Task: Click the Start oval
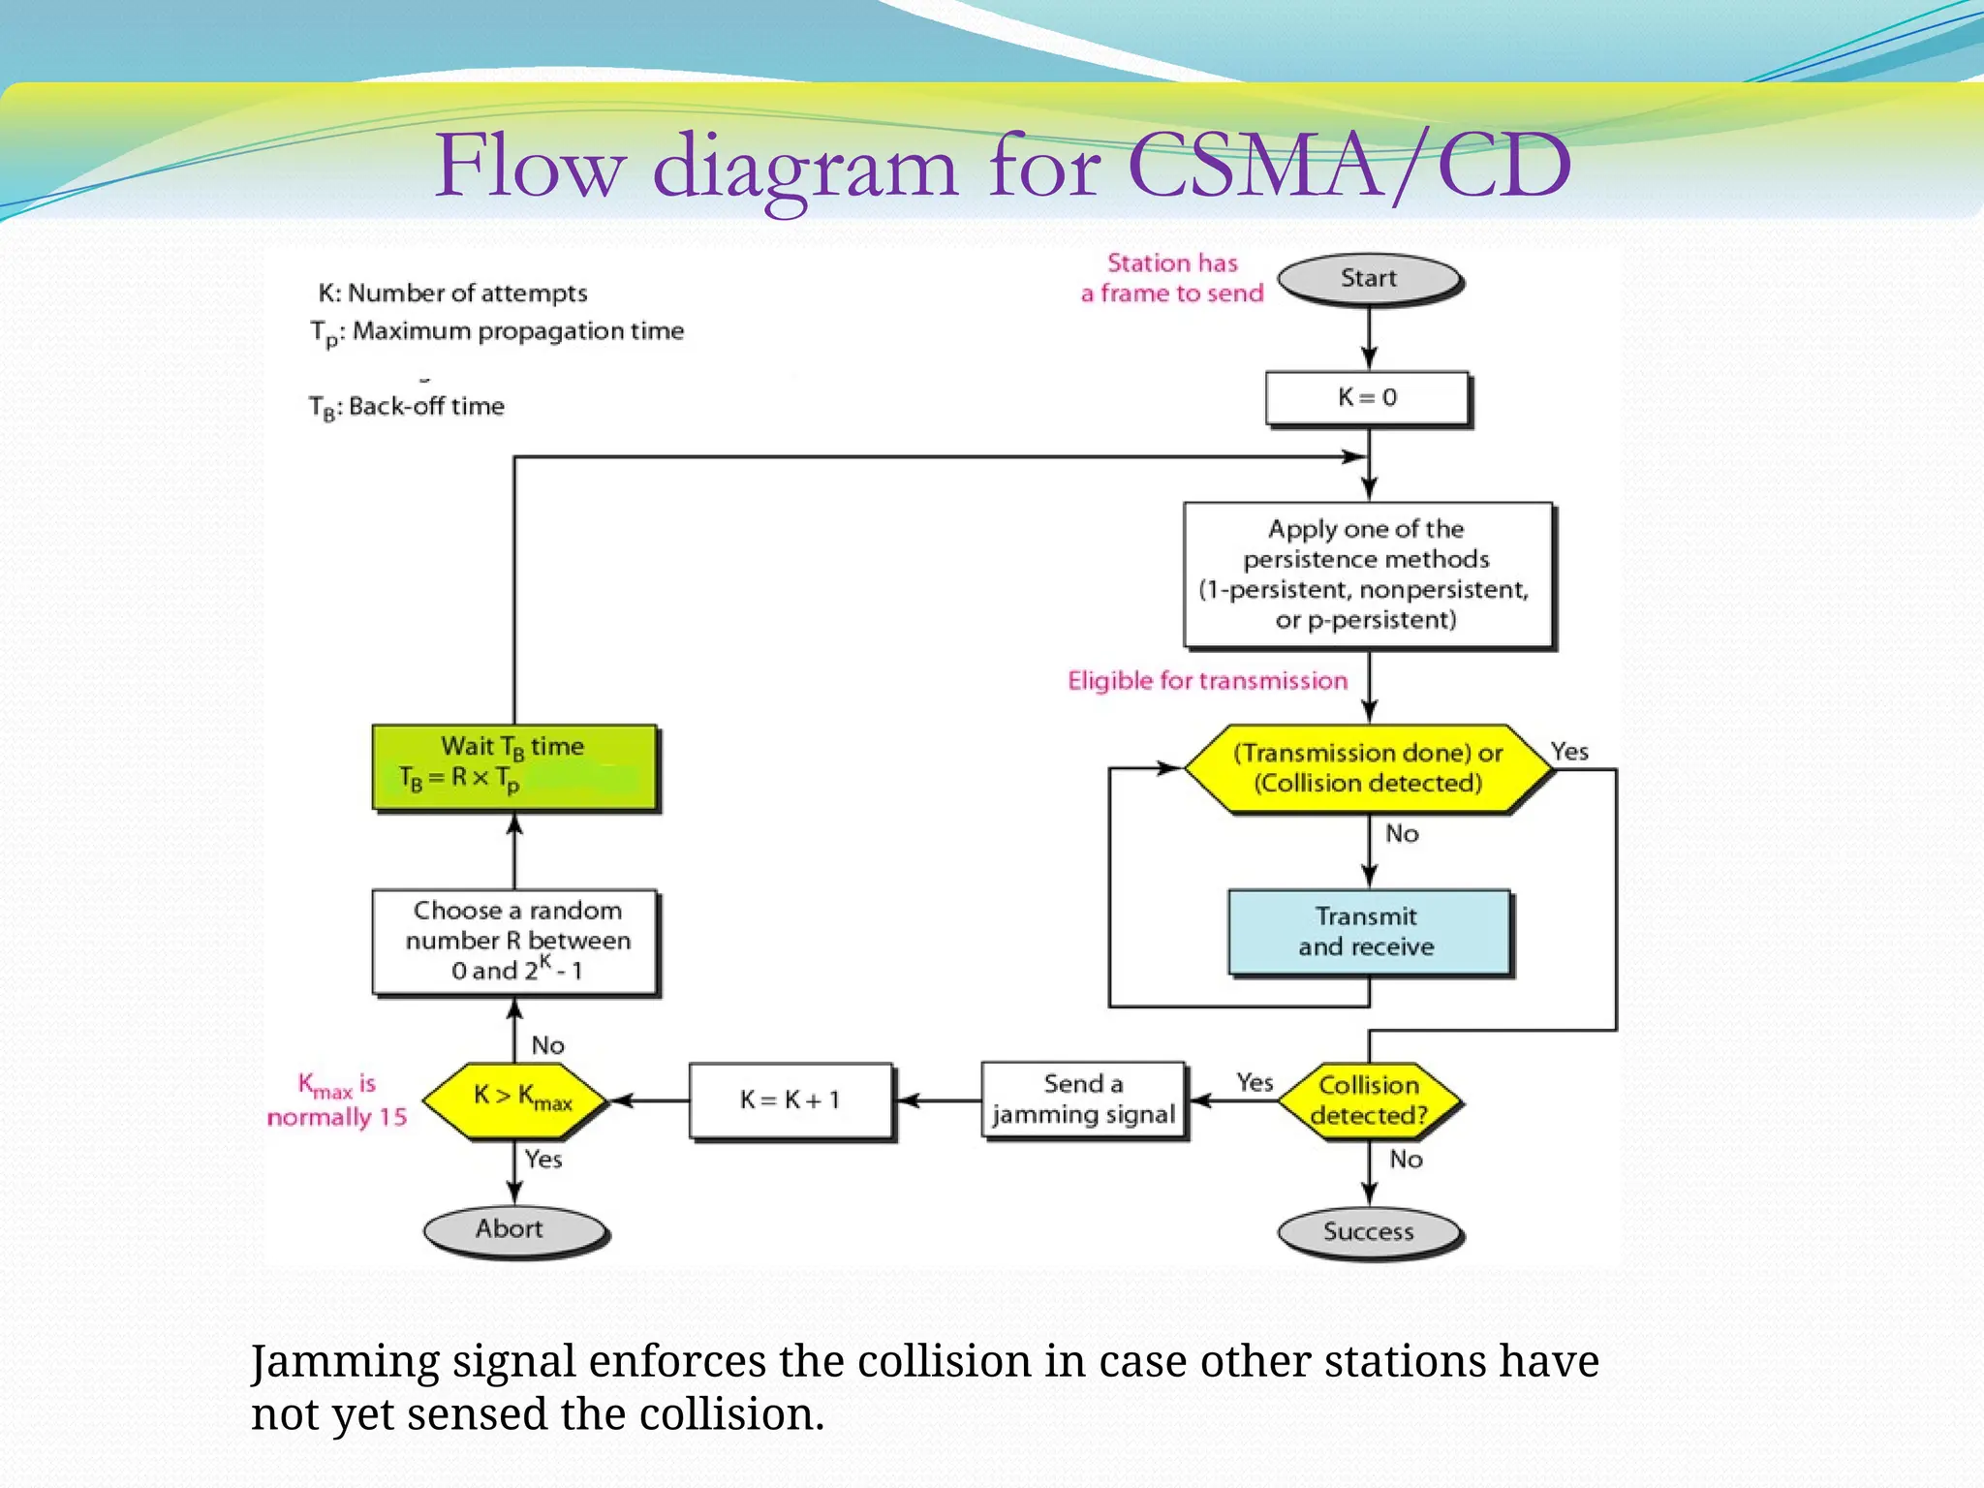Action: pyautogui.click(x=1368, y=279)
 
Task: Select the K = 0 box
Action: pyautogui.click(x=1367, y=397)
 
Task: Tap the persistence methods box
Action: pyautogui.click(x=1367, y=574)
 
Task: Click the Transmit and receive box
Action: pyautogui.click(x=1367, y=931)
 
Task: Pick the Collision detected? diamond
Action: pyautogui.click(x=1368, y=1100)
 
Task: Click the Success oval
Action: pyautogui.click(x=1368, y=1232)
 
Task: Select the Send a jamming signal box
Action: pyautogui.click(x=1083, y=1100)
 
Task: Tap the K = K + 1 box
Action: pyautogui.click(x=790, y=1100)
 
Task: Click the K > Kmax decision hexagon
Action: pyautogui.click(x=515, y=1100)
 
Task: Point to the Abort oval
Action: pyautogui.click(x=511, y=1229)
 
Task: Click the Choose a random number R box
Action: pyautogui.click(x=515, y=941)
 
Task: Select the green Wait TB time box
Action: pyautogui.click(x=514, y=765)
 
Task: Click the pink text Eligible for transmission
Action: pyautogui.click(x=1207, y=681)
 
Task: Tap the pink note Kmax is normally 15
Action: pyautogui.click(x=336, y=1100)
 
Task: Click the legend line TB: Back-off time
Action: pyautogui.click(x=407, y=407)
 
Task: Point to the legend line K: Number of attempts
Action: pyautogui.click(x=452, y=293)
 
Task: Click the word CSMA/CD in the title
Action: pyautogui.click(x=1348, y=167)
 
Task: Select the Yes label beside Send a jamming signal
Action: pyautogui.click(x=1255, y=1082)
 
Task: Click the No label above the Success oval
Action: pyautogui.click(x=1406, y=1160)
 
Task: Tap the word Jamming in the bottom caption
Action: pyautogui.click(x=345, y=1361)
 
